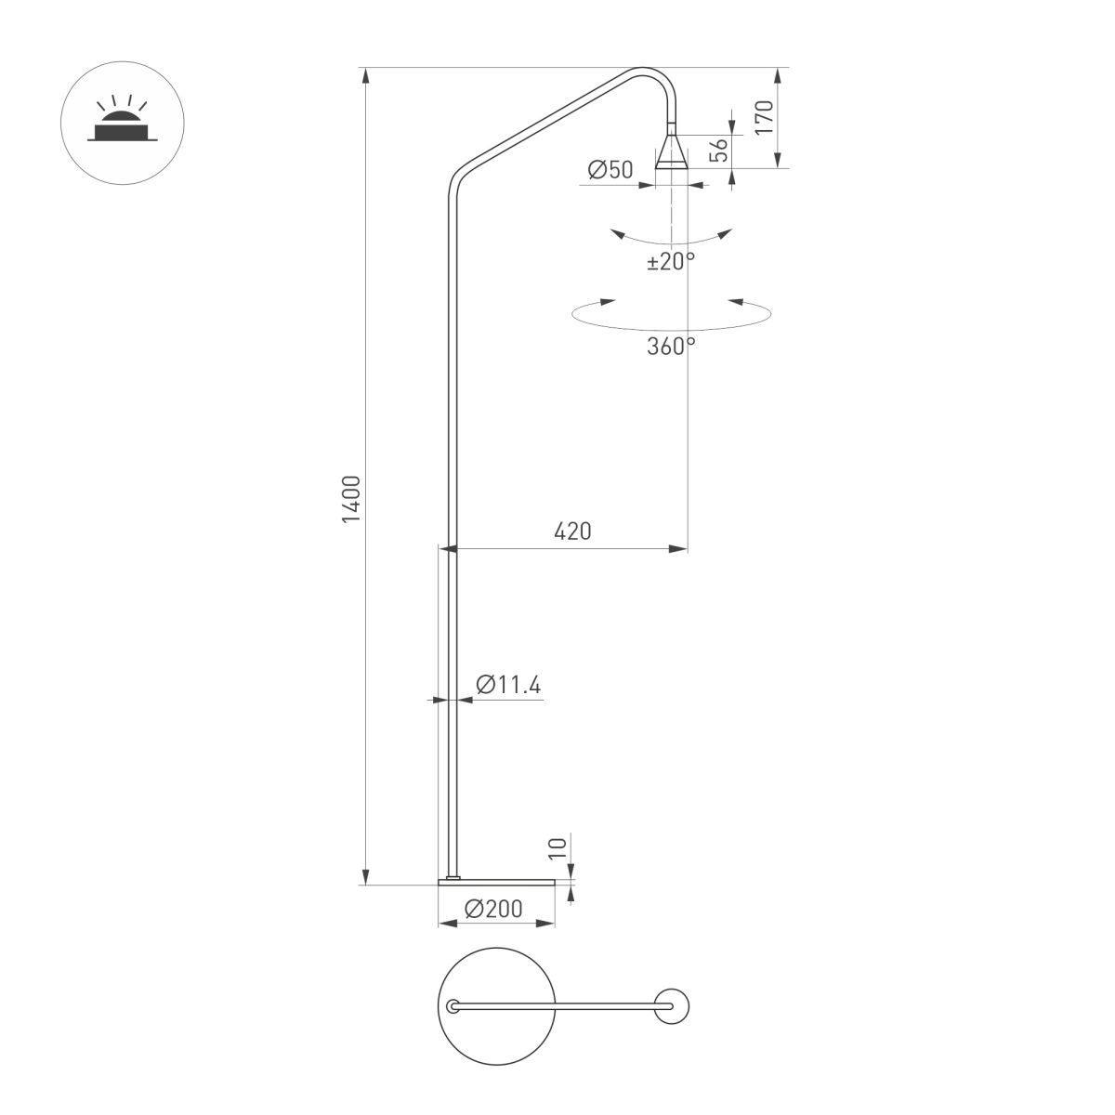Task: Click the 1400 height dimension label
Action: [350, 499]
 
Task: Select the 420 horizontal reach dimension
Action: [572, 531]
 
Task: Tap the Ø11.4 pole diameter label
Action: [508, 685]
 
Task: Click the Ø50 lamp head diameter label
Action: [610, 169]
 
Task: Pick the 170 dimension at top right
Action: [764, 119]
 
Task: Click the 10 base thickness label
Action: [557, 847]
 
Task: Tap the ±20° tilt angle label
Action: [671, 262]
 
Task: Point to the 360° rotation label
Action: [671, 347]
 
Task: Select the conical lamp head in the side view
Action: [671, 151]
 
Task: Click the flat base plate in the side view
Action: [496, 880]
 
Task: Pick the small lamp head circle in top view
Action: [672, 1006]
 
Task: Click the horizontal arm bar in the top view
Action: [557, 1006]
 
